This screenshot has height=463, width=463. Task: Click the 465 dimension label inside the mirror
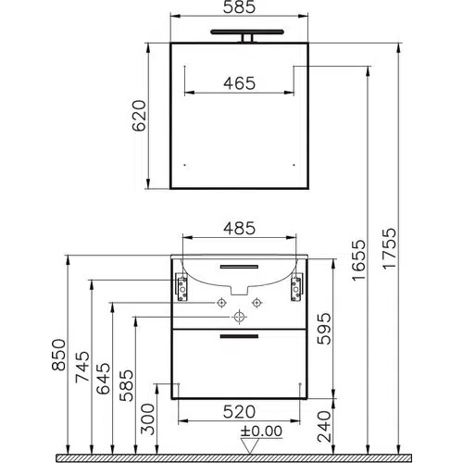pyautogui.click(x=240, y=83)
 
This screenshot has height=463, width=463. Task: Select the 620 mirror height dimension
pyautogui.click(x=139, y=116)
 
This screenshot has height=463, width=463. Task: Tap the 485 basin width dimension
pyautogui.click(x=240, y=229)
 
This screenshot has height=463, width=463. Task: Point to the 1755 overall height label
pyautogui.click(x=389, y=248)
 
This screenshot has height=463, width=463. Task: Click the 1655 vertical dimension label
pyautogui.click(x=358, y=260)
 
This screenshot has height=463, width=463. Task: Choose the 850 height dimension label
pyautogui.click(x=58, y=355)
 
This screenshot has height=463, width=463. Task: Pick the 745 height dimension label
pyautogui.click(x=82, y=367)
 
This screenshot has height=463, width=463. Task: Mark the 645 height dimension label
pyautogui.click(x=103, y=379)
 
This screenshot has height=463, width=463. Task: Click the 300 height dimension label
pyautogui.click(x=147, y=419)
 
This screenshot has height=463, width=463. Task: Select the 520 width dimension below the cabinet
pyautogui.click(x=239, y=412)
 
